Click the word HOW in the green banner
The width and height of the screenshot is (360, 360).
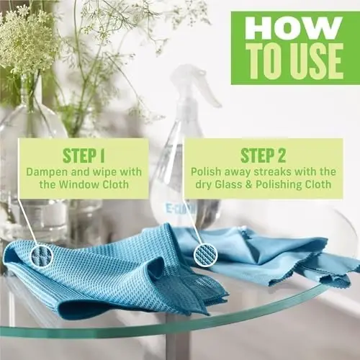click(x=293, y=28)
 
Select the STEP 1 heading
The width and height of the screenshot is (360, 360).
click(x=84, y=156)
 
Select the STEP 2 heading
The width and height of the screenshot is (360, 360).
click(x=263, y=156)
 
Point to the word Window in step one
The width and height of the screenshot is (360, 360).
click(x=79, y=184)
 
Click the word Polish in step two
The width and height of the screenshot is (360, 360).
click(x=206, y=171)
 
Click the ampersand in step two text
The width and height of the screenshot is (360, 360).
click(x=248, y=185)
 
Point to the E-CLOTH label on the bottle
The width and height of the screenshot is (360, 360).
click(x=181, y=209)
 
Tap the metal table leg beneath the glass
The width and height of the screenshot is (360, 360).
click(x=178, y=343)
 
